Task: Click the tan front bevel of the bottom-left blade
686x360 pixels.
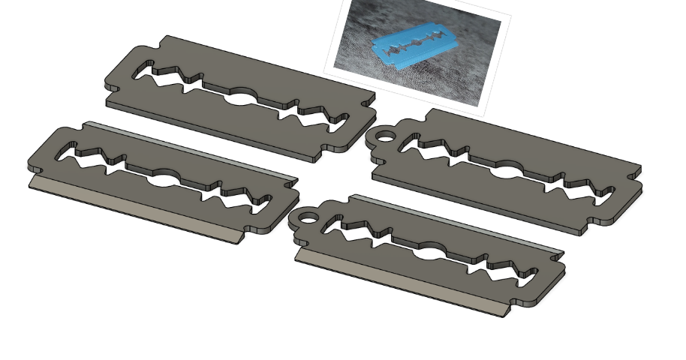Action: (x=135, y=210)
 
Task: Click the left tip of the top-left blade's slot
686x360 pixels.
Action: (x=137, y=73)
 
